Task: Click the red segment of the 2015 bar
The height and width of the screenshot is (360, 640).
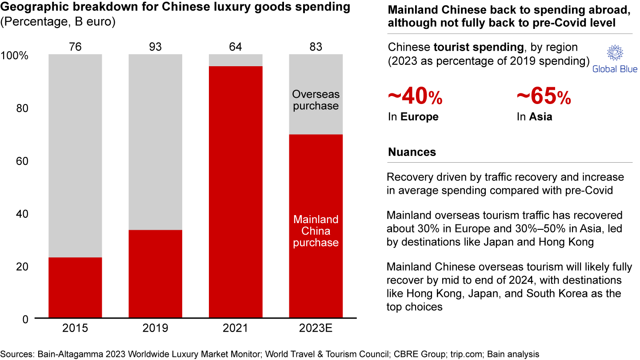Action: click(x=75, y=288)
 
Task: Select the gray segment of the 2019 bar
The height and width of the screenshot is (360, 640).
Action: click(x=155, y=142)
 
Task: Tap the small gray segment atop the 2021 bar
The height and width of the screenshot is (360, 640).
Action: click(x=236, y=60)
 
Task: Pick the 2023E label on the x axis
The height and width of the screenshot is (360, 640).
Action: click(x=316, y=328)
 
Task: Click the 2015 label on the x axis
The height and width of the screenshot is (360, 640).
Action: click(x=75, y=328)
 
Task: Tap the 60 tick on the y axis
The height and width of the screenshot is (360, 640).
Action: click(x=23, y=161)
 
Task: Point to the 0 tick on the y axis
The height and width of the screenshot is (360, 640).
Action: click(x=26, y=319)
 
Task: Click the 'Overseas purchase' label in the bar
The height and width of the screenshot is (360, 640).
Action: click(x=316, y=100)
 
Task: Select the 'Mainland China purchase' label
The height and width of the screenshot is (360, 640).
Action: click(x=316, y=231)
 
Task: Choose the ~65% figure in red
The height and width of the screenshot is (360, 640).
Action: click(x=544, y=97)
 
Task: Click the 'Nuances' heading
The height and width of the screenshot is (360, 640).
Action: click(x=412, y=152)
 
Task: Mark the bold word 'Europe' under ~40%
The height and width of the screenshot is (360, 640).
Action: click(x=419, y=117)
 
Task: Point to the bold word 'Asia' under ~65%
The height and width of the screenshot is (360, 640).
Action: click(x=540, y=117)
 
